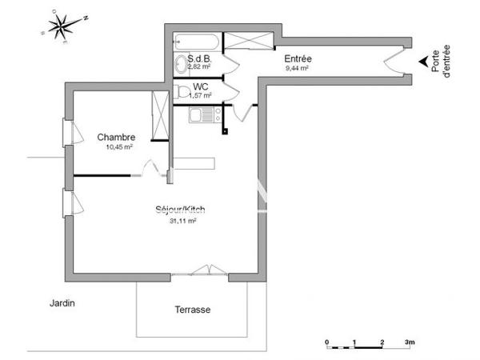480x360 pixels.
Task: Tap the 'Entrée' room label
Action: click(x=298, y=59)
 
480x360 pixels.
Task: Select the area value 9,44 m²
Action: click(x=297, y=70)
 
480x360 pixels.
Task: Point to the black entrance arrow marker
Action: click(x=422, y=62)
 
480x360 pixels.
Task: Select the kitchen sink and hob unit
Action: click(x=205, y=114)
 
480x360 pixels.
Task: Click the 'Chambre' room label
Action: click(x=116, y=137)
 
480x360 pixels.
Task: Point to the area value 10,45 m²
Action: click(x=118, y=147)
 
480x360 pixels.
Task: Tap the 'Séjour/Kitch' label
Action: click(x=181, y=210)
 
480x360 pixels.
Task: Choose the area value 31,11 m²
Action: click(x=183, y=221)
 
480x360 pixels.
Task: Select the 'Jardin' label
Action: click(x=62, y=304)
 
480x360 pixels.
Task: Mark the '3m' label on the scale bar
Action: click(x=409, y=342)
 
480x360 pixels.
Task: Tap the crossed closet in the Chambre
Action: click(x=160, y=117)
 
